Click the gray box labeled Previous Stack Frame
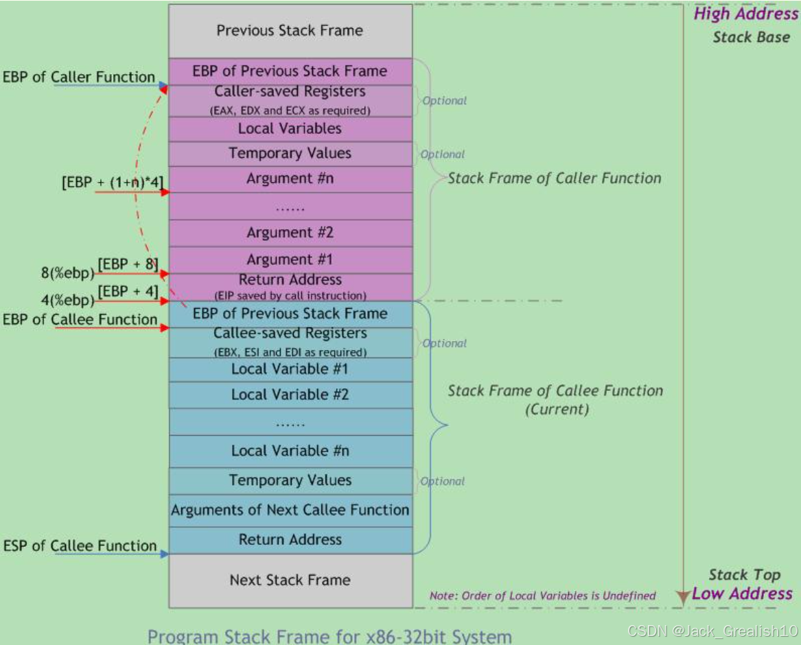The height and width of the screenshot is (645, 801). click(x=290, y=31)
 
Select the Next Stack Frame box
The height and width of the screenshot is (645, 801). click(x=290, y=580)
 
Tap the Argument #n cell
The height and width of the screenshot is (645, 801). click(x=290, y=178)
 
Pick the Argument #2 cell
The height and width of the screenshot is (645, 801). click(x=290, y=233)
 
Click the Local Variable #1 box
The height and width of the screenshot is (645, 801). click(x=290, y=369)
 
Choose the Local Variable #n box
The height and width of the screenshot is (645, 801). click(x=290, y=451)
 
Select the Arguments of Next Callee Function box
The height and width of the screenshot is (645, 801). click(x=290, y=510)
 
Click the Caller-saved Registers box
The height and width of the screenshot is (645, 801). click(x=290, y=99)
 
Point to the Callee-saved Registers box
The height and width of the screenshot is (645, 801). click(x=290, y=342)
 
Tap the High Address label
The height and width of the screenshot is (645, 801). click(x=746, y=14)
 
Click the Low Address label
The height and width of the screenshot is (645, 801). click(x=742, y=594)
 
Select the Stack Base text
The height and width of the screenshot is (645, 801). click(x=751, y=37)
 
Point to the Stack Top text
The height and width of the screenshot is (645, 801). click(x=744, y=575)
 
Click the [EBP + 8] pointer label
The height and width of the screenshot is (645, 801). click(x=128, y=265)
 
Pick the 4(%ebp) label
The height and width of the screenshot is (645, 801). click(x=67, y=300)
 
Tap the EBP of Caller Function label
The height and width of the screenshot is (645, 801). click(x=79, y=77)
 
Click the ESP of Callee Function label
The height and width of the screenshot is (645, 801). click(x=80, y=546)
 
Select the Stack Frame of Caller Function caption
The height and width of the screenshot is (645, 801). click(x=555, y=178)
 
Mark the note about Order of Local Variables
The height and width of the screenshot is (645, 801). click(x=542, y=596)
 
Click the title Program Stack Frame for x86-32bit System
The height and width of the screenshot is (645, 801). click(x=329, y=635)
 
